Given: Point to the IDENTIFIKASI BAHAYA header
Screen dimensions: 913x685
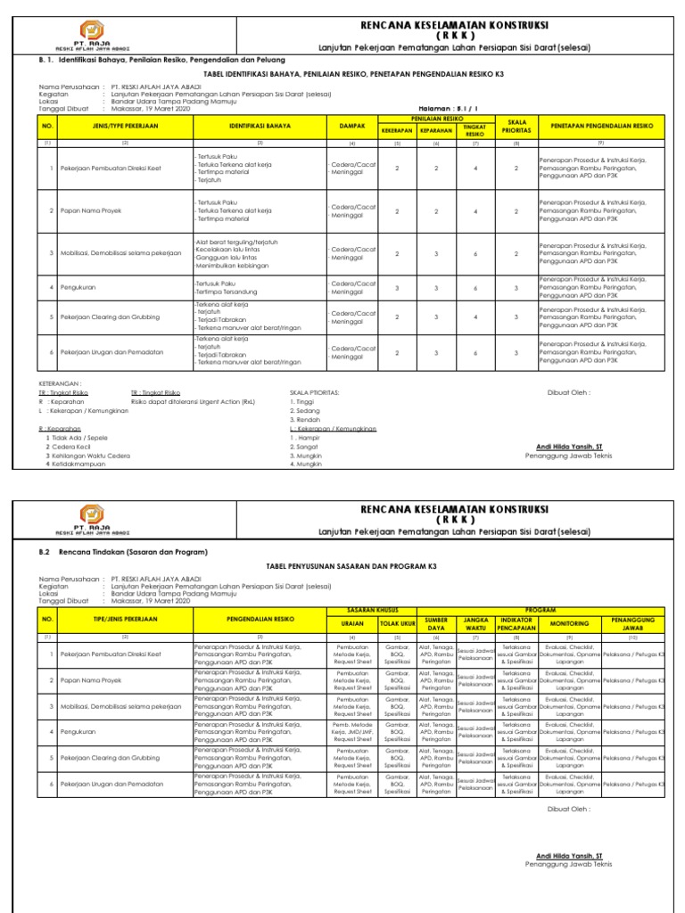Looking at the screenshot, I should pyautogui.click(x=260, y=127).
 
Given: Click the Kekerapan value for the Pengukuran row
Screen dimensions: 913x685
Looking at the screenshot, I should pyautogui.click(x=397, y=288).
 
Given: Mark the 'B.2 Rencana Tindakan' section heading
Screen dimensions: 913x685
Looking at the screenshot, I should pyautogui.click(x=122, y=553).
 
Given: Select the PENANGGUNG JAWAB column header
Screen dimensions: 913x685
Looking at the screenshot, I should pyautogui.click(x=633, y=621).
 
